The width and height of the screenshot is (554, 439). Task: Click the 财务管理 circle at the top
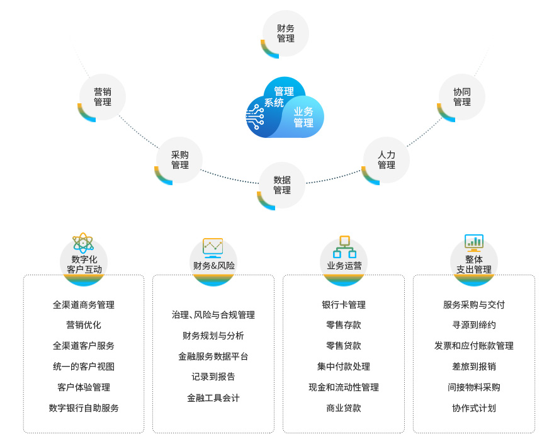pos(285,33)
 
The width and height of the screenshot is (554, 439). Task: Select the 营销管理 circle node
pos(103,97)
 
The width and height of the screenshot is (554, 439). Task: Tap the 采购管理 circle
pos(179,160)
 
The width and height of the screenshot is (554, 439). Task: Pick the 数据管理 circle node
pos(282,185)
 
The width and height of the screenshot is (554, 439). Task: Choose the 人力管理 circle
pos(386,160)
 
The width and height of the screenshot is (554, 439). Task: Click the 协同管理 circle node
pos(461,97)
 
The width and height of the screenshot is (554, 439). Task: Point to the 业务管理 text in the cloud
pos(303,117)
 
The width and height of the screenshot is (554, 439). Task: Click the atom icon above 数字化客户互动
pos(83,242)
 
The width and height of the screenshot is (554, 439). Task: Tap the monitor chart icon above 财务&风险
pos(213,247)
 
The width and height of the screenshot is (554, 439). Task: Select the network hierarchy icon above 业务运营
pos(344,246)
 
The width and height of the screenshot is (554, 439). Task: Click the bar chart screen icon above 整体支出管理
pos(474,242)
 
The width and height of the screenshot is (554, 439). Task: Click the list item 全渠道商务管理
pos(84,305)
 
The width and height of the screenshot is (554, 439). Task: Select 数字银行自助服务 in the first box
pos(84,408)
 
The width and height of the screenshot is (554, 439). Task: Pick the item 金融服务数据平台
pos(213,356)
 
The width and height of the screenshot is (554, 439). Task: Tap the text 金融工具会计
pos(213,398)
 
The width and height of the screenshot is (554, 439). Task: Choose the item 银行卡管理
pos(344,305)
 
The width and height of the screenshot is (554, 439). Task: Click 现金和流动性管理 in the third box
pos(344,387)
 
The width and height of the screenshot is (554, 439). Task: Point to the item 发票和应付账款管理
pos(474,346)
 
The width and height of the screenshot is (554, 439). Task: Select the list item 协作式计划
pos(474,408)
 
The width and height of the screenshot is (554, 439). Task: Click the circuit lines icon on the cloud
pos(256,117)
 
